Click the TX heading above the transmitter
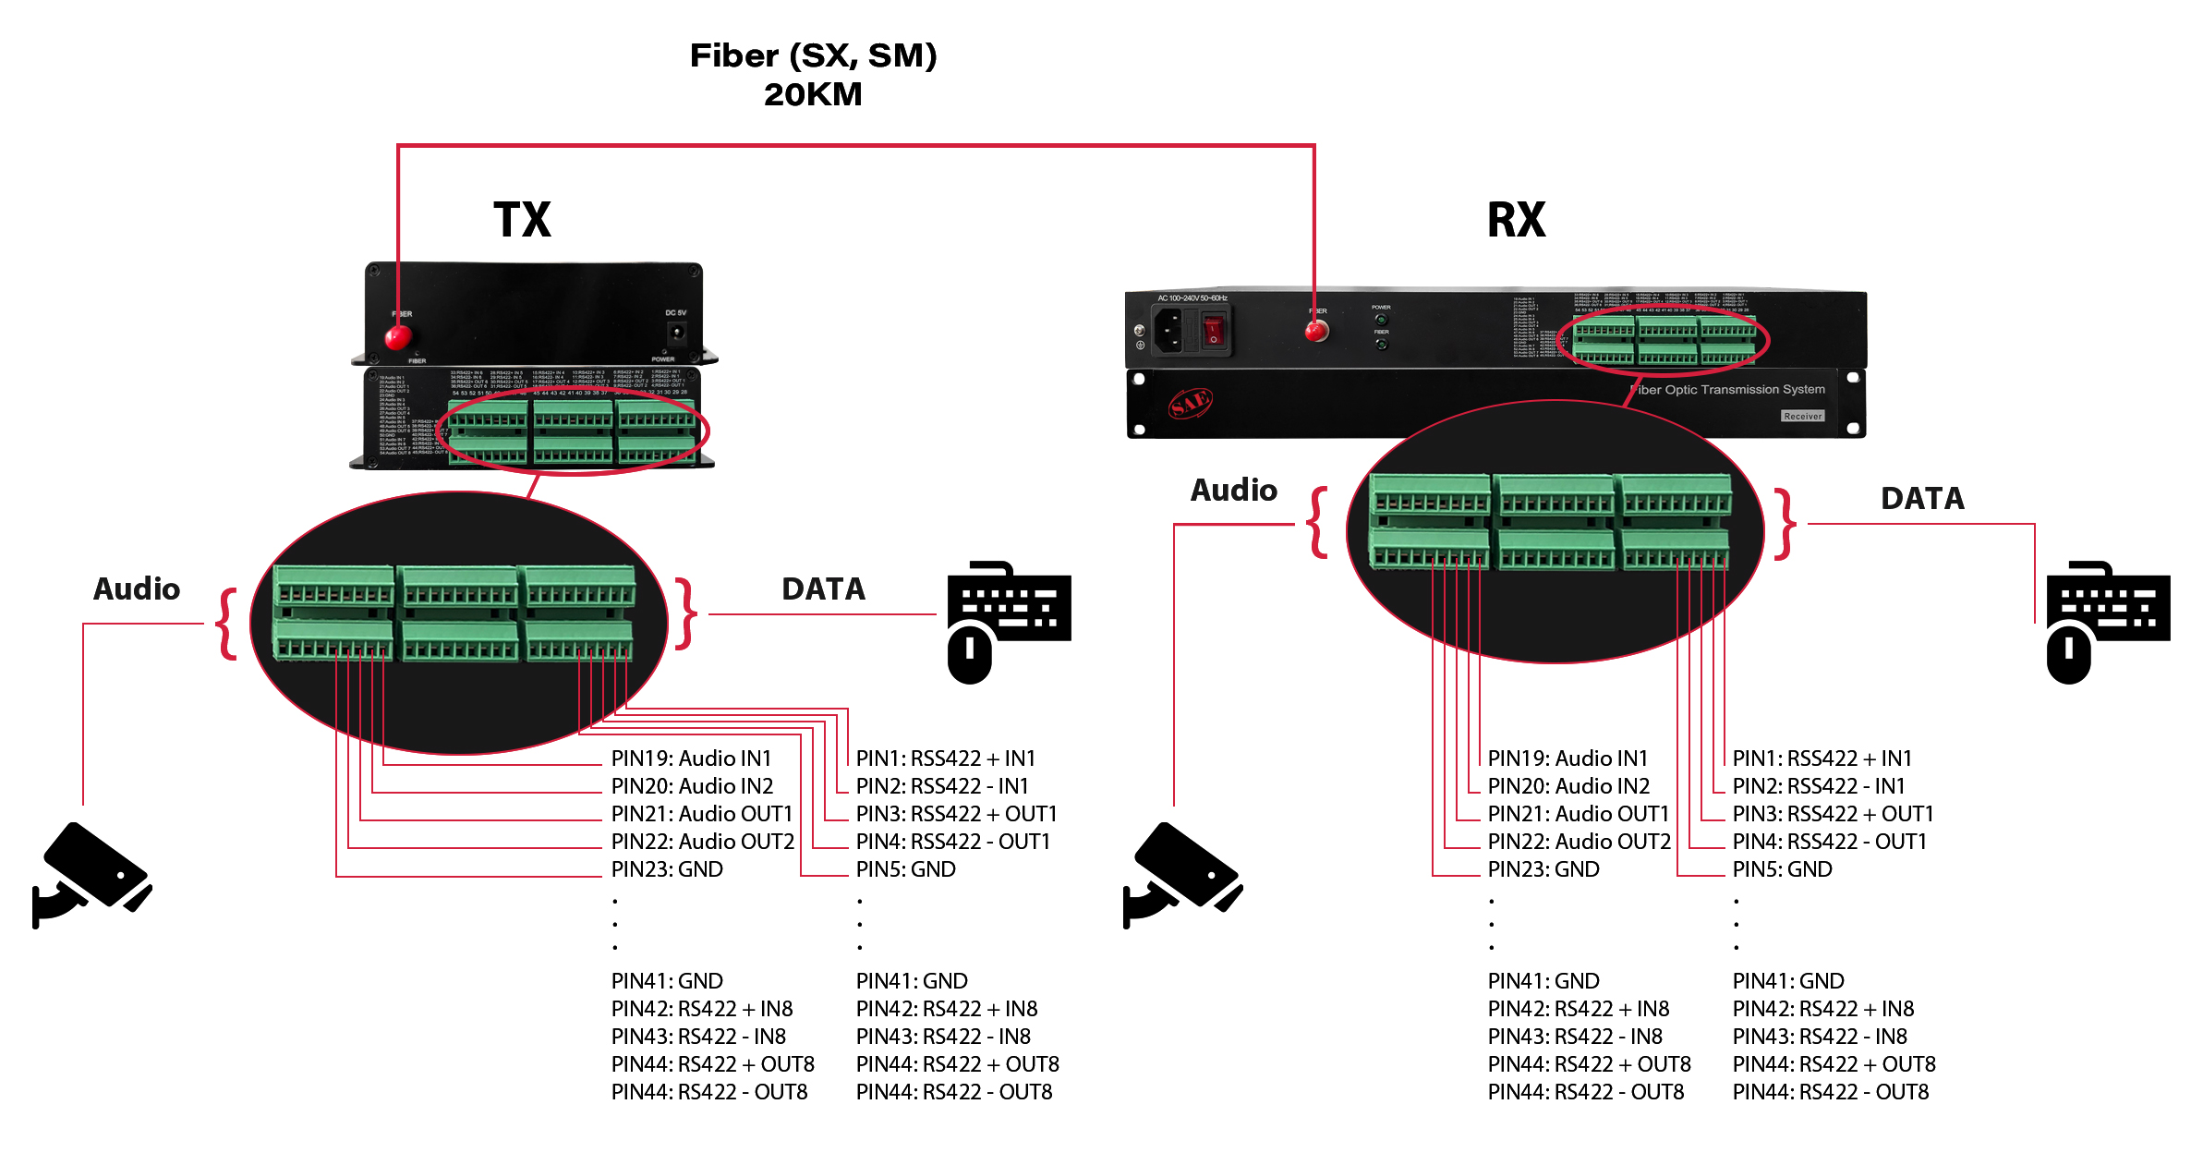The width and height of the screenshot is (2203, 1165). pyautogui.click(x=522, y=220)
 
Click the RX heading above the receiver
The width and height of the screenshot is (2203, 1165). pyautogui.click(x=1516, y=220)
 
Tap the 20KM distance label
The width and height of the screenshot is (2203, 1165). pyautogui.click(x=813, y=94)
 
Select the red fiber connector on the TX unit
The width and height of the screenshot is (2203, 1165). pyautogui.click(x=398, y=336)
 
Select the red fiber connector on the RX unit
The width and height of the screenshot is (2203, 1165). pyautogui.click(x=1316, y=331)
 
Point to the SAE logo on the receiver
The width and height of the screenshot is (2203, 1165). pyautogui.click(x=1191, y=403)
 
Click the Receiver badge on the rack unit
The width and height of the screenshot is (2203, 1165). pyautogui.click(x=1802, y=417)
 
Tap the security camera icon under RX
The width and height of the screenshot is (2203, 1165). pyautogui.click(x=1181, y=874)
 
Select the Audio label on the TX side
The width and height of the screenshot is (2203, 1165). pyautogui.click(x=137, y=589)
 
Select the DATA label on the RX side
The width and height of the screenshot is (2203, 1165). pyautogui.click(x=1922, y=499)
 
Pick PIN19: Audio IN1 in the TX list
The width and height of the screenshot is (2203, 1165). pyautogui.click(x=691, y=758)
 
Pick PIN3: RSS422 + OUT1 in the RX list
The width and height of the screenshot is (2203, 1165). pyautogui.click(x=1833, y=814)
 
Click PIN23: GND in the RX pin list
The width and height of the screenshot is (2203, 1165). pyautogui.click(x=1543, y=869)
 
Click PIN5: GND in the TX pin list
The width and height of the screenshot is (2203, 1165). pyautogui.click(x=905, y=869)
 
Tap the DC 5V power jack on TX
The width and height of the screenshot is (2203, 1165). pyautogui.click(x=677, y=332)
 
